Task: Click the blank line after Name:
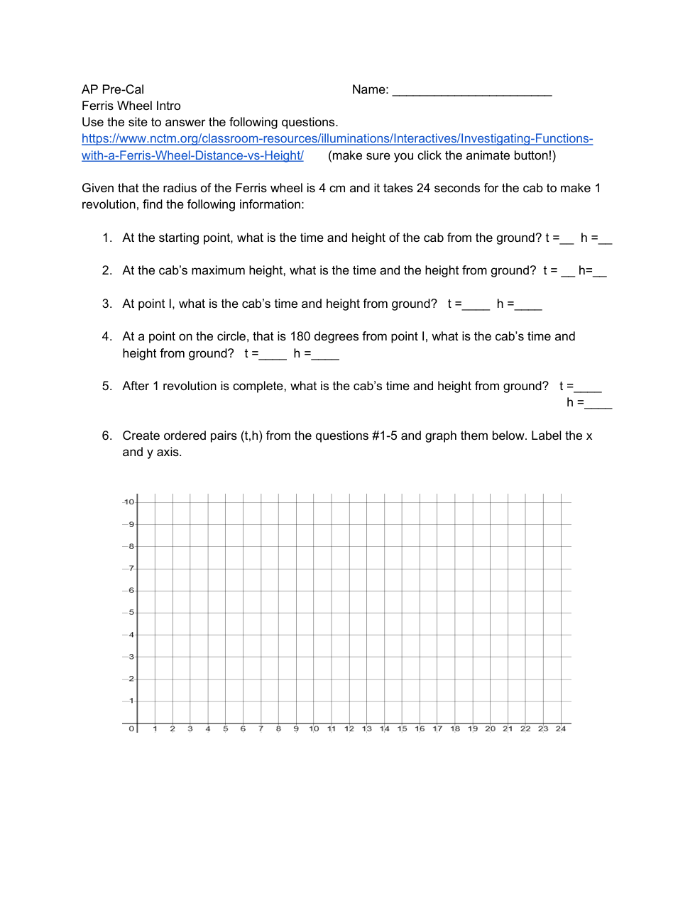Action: (471, 91)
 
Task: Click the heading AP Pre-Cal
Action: (113, 89)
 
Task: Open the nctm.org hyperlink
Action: (336, 139)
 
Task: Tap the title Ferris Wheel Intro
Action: (131, 106)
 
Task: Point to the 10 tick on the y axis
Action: (128, 502)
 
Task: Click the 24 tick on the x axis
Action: (561, 728)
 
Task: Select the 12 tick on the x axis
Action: (349, 728)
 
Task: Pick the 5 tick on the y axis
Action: (131, 612)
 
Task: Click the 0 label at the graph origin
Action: (131, 728)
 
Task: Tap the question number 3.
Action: (106, 304)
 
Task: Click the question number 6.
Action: (106, 436)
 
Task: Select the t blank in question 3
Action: (476, 306)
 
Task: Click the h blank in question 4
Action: (325, 355)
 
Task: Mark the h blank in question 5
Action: (598, 404)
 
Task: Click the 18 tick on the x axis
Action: (455, 728)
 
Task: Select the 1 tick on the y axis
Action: (131, 701)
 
